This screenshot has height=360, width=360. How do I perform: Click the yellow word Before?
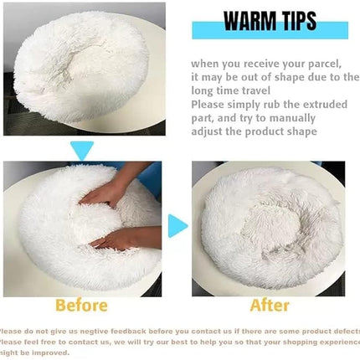pyautogui.click(x=81, y=305)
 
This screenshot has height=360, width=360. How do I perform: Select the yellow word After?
pyautogui.click(x=270, y=305)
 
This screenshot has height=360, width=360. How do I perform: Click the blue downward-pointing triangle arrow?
pyautogui.click(x=82, y=151)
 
